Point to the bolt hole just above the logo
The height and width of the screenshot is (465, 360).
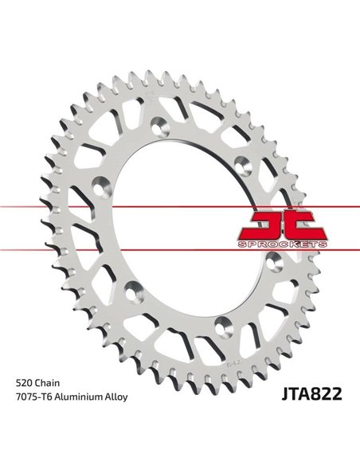coord(254,163)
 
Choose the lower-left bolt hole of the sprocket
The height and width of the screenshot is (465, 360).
coord(130,287)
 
